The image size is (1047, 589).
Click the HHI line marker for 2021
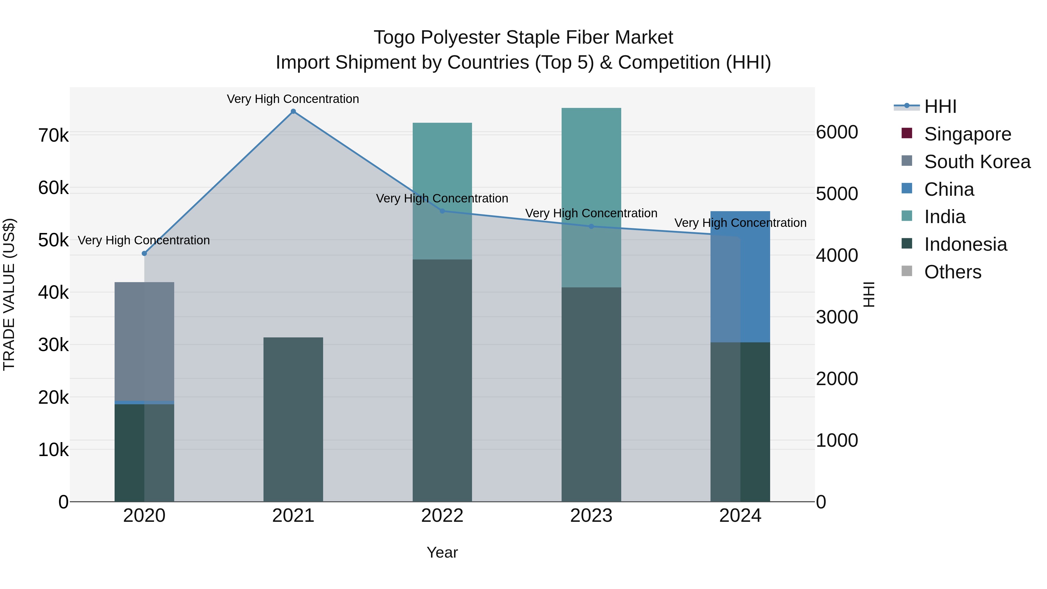(293, 111)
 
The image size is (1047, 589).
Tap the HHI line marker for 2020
(144, 253)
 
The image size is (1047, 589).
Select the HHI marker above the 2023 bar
(591, 226)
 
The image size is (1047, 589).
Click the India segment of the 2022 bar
(442, 163)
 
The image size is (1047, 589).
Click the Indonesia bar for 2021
(293, 419)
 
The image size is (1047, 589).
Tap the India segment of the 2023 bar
(591, 163)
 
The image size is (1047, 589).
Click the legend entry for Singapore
(967, 134)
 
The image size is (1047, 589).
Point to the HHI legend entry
(940, 106)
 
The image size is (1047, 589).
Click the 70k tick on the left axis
(53, 136)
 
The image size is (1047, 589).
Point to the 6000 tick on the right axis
(837, 133)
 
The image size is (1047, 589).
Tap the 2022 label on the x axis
(442, 516)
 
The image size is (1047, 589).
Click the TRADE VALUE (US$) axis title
(9, 294)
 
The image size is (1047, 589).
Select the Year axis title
(442, 552)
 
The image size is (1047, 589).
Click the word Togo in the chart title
(395, 38)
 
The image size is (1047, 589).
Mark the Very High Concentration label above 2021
(293, 99)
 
